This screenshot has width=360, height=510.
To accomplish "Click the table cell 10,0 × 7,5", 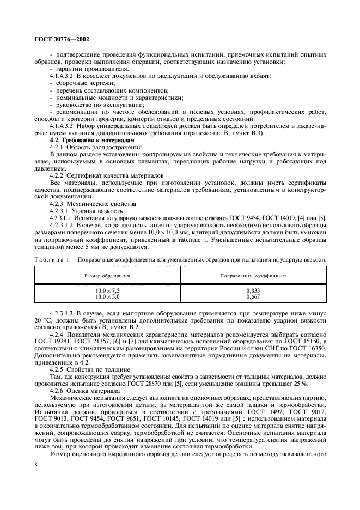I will coord(107,292).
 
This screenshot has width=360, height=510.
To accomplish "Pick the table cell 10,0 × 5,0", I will coord(107,297).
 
